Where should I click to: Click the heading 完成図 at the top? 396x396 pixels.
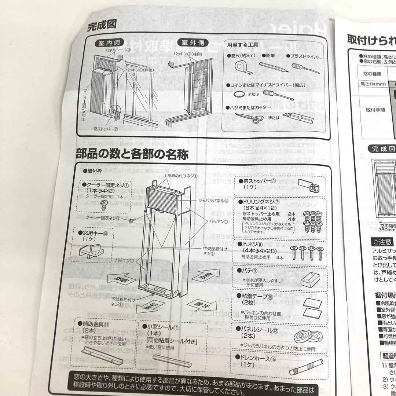coord(102,26)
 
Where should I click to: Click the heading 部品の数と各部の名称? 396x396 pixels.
coord(132,154)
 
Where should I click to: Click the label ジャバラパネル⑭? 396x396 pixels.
coord(213,201)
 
